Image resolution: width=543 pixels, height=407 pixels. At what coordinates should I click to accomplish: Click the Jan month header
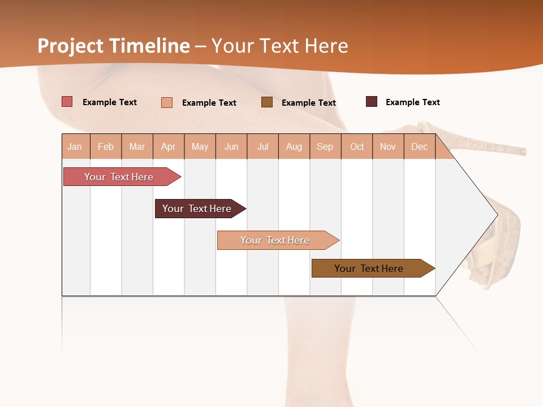pos(75,146)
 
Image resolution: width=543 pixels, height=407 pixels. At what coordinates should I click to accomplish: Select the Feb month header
pos(106,146)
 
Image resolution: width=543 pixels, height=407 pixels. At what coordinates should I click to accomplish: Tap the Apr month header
pos(169,146)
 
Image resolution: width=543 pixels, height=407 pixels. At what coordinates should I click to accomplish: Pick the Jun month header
pos(231,146)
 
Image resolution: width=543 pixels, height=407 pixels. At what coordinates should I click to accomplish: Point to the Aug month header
pos(294,146)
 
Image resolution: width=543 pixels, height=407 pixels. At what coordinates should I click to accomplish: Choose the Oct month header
pos(357,146)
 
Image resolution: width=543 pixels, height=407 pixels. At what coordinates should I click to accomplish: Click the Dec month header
pos(419,146)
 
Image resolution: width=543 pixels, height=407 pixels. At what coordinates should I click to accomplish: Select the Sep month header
pos(325,146)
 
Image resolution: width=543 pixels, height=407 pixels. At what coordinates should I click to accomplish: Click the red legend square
pos(67,102)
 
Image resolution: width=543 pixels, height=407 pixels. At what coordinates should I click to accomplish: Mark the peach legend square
pos(167,102)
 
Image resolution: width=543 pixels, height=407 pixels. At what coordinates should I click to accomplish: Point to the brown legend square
pos(267,102)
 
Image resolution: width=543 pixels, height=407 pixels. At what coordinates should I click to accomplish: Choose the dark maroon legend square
pos(372,102)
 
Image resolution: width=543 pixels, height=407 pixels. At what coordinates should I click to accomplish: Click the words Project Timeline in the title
pos(113,46)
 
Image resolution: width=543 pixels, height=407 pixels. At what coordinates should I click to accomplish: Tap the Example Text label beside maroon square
pos(412,102)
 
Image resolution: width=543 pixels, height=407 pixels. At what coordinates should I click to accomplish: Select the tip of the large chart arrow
pos(496,215)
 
